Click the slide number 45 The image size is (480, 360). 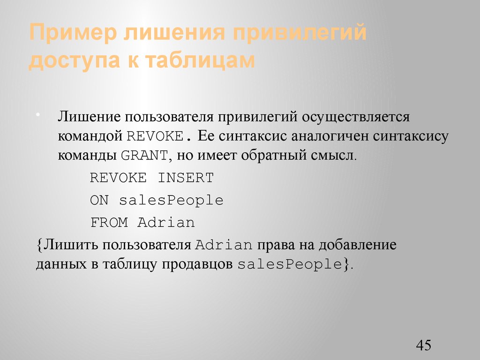423,345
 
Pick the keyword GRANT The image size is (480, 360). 144,156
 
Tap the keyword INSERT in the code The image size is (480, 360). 185,178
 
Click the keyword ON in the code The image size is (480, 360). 99,201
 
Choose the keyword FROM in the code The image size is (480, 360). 109,223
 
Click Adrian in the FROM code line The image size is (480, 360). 166,223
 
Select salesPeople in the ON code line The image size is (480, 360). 171,201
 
